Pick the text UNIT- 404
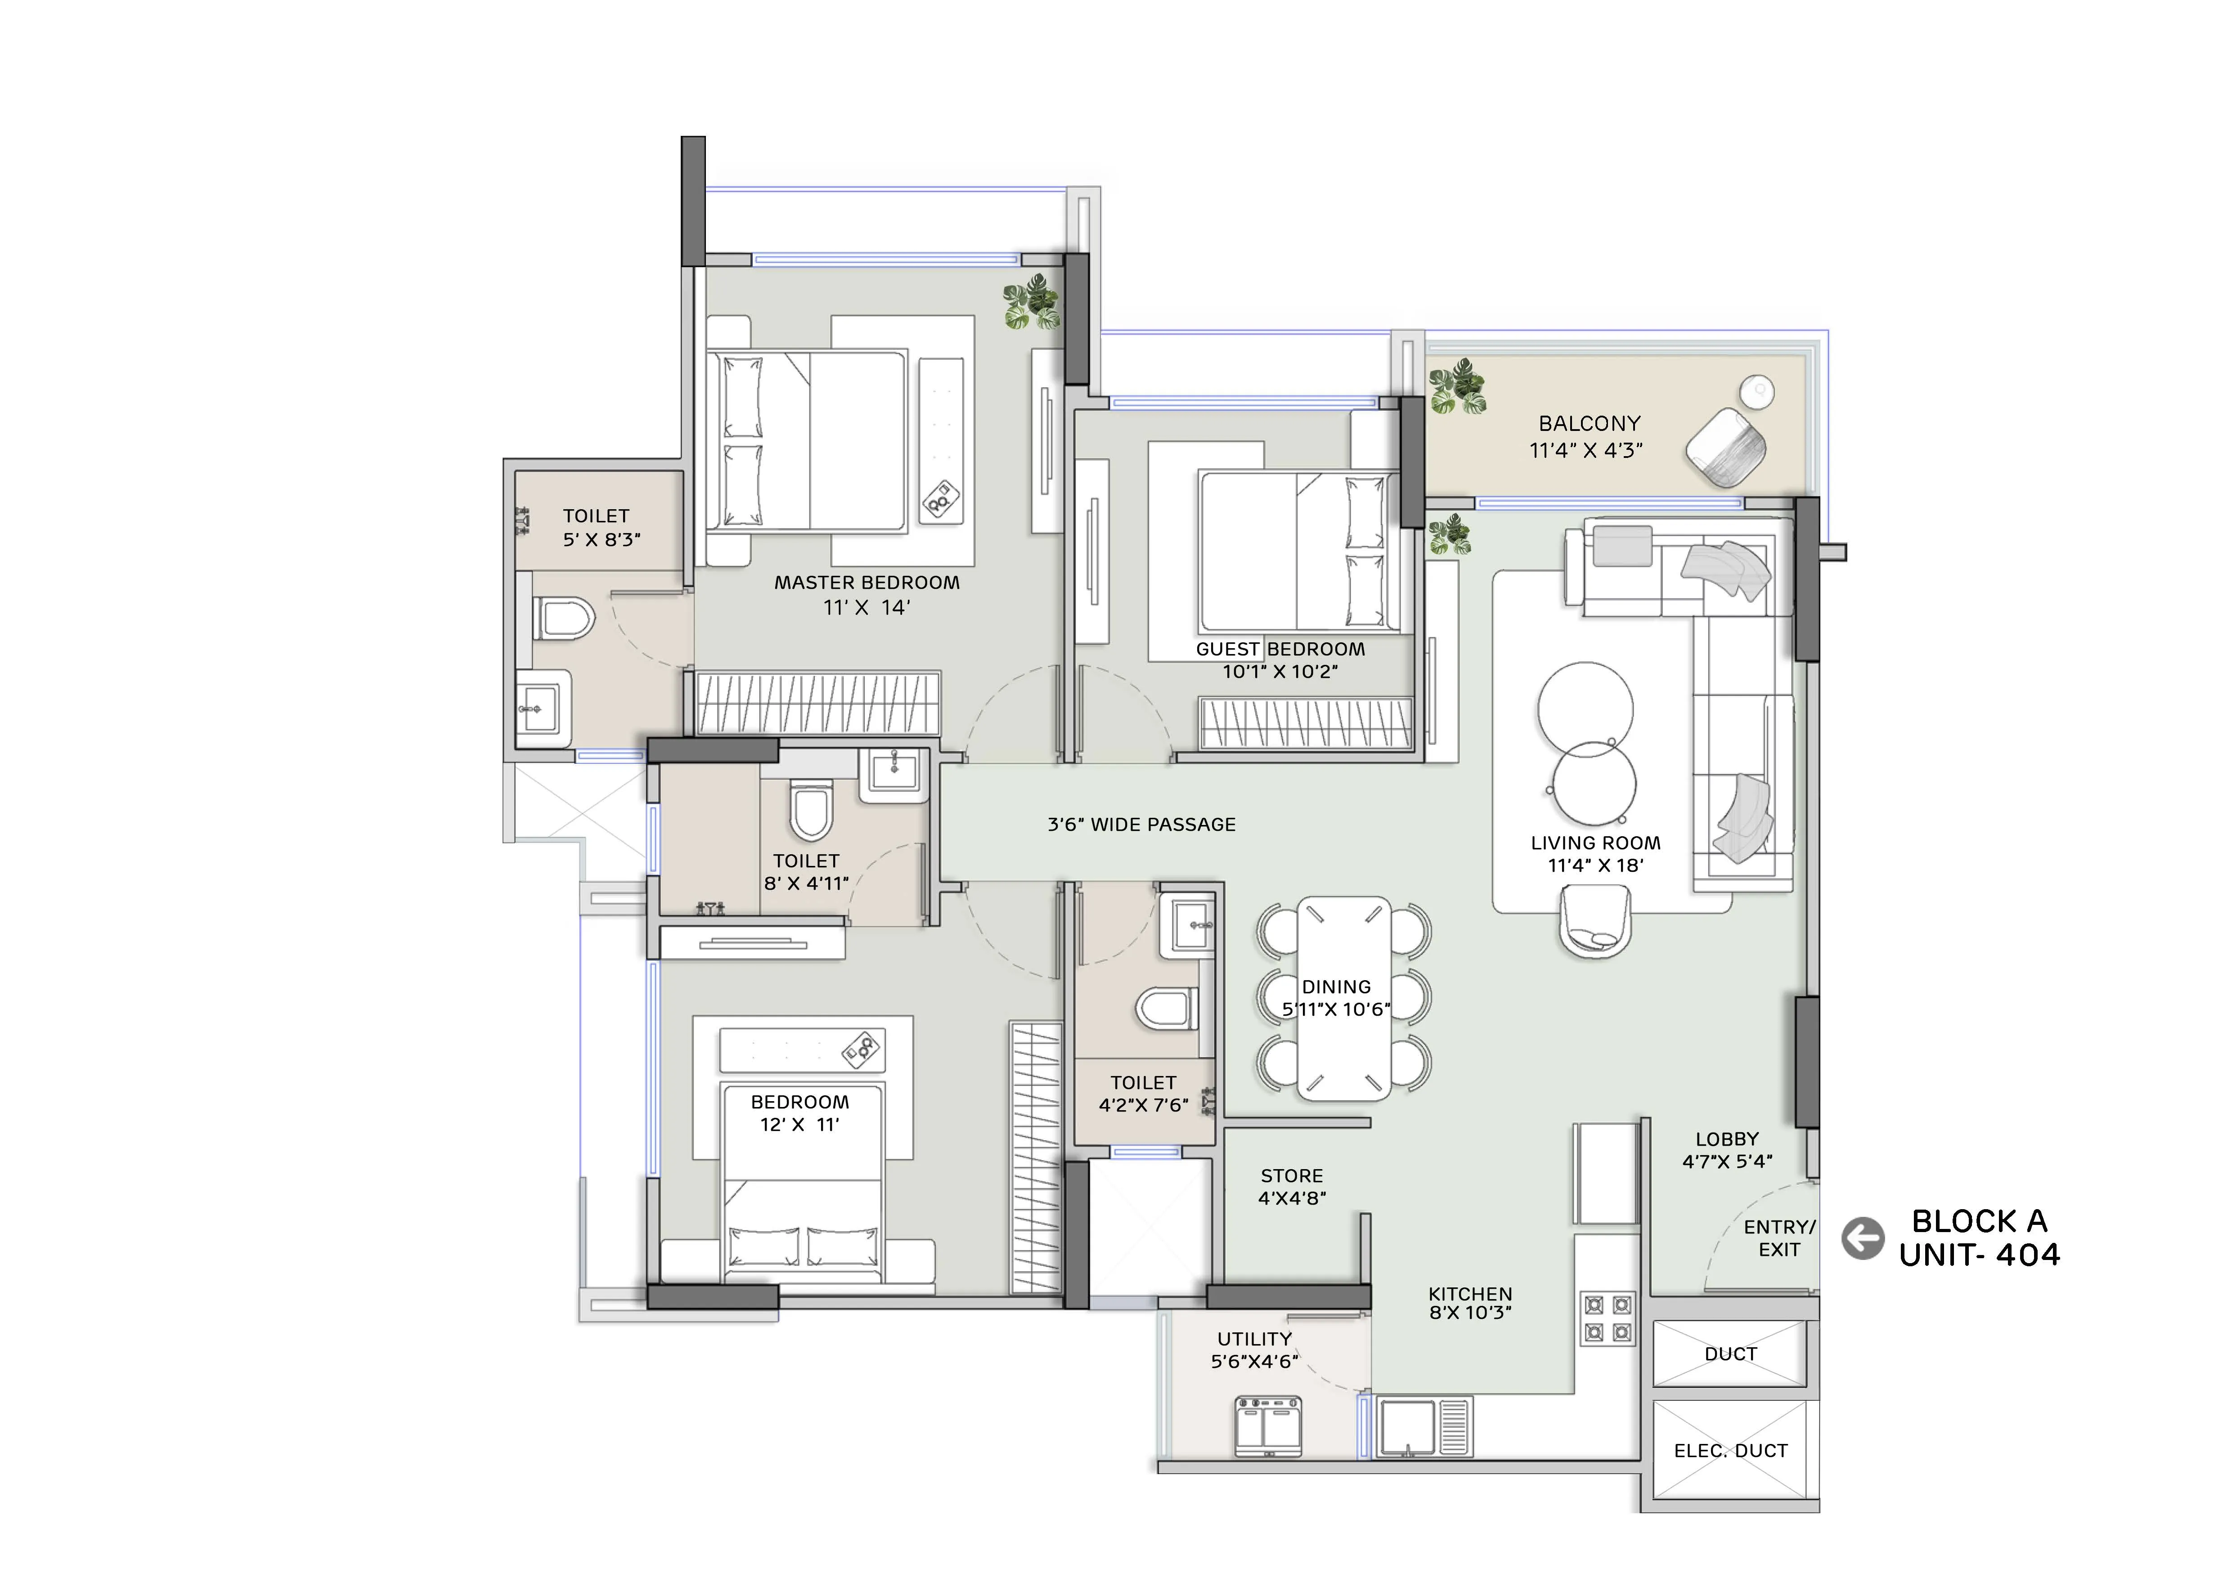[x=1979, y=1255]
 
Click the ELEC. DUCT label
[x=1730, y=1451]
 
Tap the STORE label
[x=1291, y=1176]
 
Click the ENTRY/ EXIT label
[x=1779, y=1238]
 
